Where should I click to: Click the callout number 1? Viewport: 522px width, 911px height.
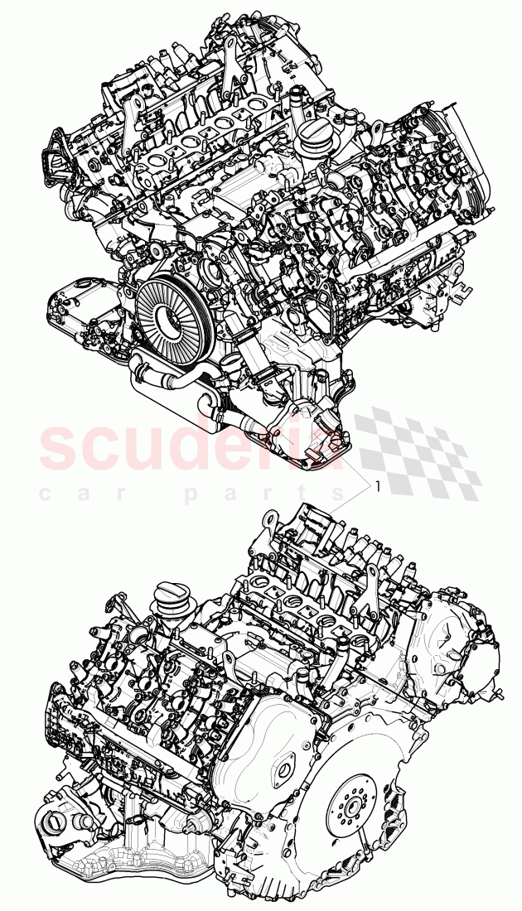click(378, 487)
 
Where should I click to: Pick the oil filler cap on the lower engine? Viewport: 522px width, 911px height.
click(172, 603)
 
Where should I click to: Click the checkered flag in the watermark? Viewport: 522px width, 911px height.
click(414, 451)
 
